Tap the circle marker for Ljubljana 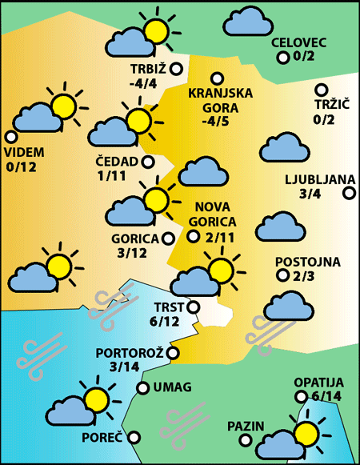click(349, 192)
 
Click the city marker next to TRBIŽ click(176, 69)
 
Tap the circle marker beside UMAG click(143, 388)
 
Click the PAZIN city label click(245, 425)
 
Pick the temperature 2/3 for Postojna click(305, 276)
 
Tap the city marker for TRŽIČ click(322, 90)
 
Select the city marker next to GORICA click(168, 238)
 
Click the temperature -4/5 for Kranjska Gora click(216, 122)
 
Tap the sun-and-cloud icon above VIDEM click(46, 110)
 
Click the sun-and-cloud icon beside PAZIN click(291, 438)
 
